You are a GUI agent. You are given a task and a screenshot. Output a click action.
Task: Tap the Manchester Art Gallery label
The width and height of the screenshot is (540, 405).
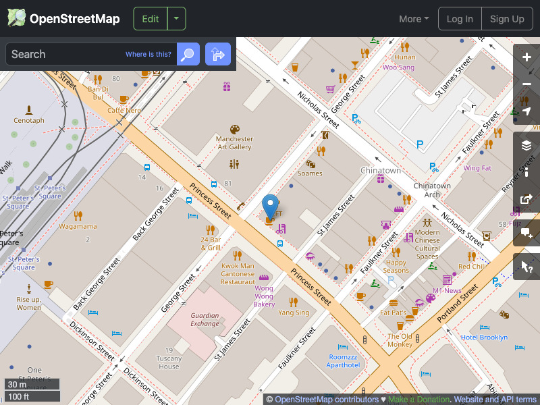coord(234,143)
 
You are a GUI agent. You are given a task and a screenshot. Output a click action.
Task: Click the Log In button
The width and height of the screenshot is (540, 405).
coord(460,19)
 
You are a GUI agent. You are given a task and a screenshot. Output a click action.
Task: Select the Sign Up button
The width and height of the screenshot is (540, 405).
coord(507,19)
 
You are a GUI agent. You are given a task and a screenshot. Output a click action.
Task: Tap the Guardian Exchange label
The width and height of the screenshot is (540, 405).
coord(205,319)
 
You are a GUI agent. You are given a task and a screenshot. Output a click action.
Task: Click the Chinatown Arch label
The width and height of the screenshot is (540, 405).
coord(432,190)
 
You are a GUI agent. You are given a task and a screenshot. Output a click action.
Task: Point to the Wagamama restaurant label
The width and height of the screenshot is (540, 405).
coord(78,226)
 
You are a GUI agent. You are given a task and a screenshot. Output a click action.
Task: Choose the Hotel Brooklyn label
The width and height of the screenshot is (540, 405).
coord(484,337)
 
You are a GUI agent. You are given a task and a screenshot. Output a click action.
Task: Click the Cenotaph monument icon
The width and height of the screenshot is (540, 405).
coord(28,109)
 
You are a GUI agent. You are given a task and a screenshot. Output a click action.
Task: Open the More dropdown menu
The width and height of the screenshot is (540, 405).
coord(414,19)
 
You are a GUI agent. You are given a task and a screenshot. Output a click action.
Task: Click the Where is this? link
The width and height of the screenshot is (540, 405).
coord(148,54)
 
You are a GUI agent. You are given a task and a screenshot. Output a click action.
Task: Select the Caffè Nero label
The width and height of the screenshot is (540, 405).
coord(124,110)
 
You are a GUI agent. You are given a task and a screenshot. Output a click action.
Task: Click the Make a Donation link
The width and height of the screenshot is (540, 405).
coord(418,400)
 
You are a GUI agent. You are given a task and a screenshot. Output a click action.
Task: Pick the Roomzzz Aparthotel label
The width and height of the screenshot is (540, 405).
coord(344,360)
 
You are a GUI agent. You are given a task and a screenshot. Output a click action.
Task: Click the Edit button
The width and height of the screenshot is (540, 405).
coord(150,19)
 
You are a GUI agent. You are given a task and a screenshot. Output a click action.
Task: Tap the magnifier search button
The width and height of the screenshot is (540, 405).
coord(188,54)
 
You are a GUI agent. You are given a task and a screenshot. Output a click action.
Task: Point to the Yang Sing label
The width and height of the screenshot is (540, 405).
coord(294,313)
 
